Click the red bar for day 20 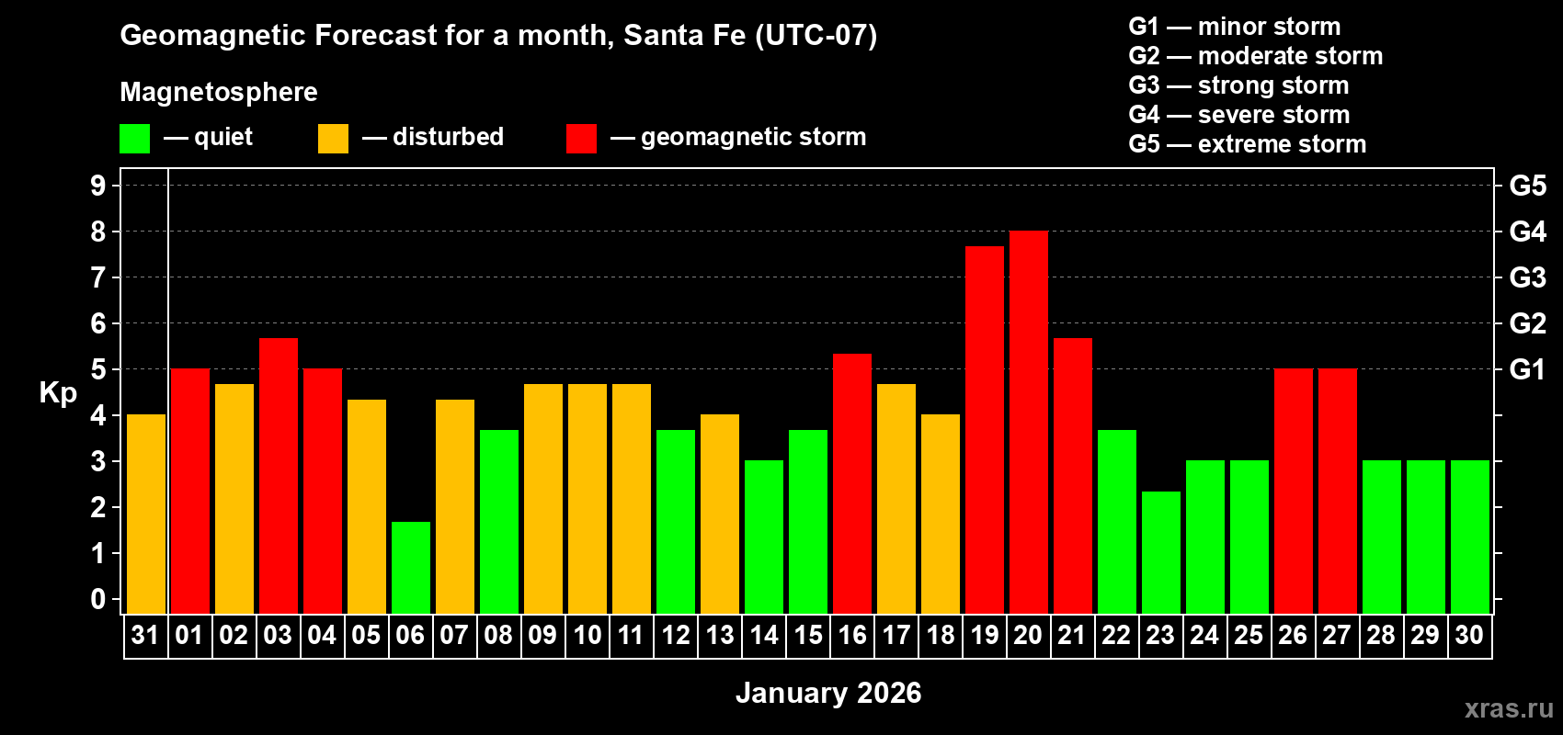[x=1028, y=423]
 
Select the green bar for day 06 [x=410, y=568]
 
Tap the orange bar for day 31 [x=145, y=514]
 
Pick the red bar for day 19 [x=984, y=430]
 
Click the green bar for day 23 [x=1160, y=552]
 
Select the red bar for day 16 [x=851, y=483]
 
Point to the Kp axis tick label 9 [x=98, y=186]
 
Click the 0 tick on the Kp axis [x=98, y=599]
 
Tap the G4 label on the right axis [x=1527, y=232]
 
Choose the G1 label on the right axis [x=1527, y=369]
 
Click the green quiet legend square [x=134, y=139]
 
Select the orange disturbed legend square [x=333, y=139]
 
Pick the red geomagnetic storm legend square [x=581, y=139]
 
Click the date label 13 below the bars [x=719, y=635]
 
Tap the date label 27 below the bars [x=1337, y=635]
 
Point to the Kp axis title [x=58, y=392]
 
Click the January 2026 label [x=827, y=693]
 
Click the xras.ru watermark [x=1508, y=708]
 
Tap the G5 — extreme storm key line [x=1247, y=144]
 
